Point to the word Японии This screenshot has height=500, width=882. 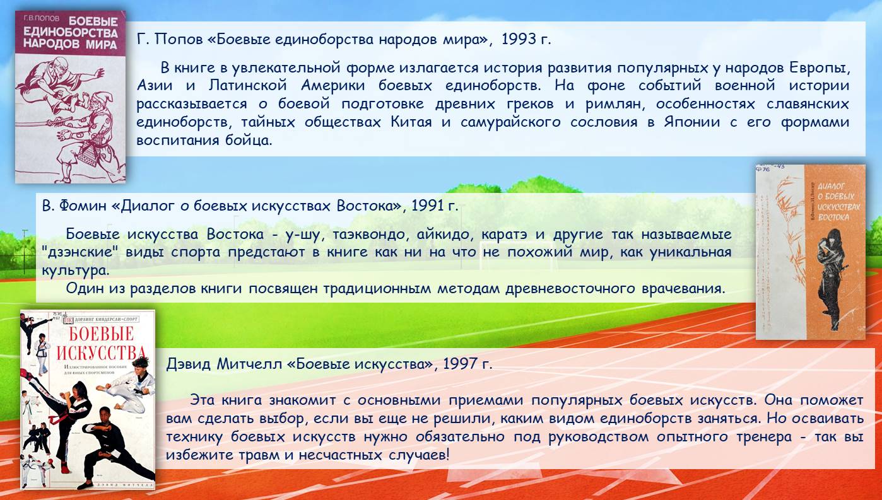point(692,122)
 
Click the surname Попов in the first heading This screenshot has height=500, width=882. point(179,39)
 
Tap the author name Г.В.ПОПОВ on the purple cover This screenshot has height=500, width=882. point(42,18)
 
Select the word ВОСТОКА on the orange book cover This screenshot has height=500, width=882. point(833,217)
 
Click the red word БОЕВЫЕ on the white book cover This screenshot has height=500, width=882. point(102,334)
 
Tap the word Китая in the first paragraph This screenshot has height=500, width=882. point(411,122)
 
